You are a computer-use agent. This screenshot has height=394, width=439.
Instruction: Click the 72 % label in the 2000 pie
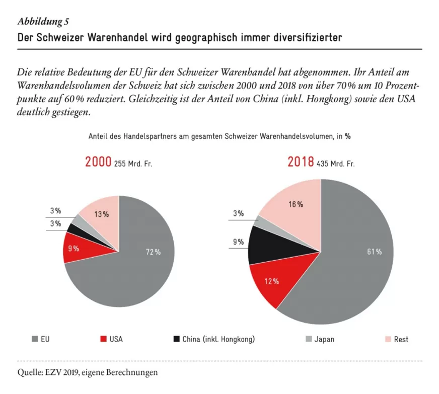tap(153, 252)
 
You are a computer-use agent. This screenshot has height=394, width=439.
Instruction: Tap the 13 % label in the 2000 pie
tap(101, 214)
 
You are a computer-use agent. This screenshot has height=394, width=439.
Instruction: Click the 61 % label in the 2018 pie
tap(375, 252)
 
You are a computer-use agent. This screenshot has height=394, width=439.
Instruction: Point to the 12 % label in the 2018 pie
tap(271, 281)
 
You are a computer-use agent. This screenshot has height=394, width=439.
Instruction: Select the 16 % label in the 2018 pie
tap(296, 205)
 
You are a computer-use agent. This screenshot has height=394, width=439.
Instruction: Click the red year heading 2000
tap(98, 162)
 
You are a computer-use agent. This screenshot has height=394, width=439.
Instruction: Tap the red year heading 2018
tap(301, 162)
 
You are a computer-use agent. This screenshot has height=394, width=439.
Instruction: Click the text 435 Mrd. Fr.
tap(335, 164)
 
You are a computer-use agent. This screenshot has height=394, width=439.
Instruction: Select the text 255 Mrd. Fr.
tap(133, 164)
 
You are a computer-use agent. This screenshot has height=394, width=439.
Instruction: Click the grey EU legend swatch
tap(35, 339)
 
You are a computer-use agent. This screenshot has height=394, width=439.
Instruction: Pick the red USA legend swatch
tap(103, 339)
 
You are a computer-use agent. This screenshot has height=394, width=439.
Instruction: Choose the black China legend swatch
tap(176, 339)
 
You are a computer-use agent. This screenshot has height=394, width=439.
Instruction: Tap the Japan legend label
tap(324, 340)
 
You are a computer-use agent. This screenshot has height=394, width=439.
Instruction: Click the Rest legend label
tap(401, 340)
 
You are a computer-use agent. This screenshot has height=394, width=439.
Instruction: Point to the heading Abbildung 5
tap(43, 22)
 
